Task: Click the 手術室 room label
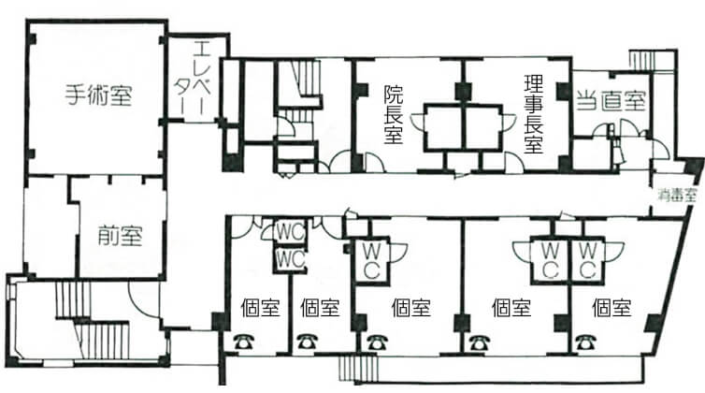(98, 95)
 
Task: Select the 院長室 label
(394, 114)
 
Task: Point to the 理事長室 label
(534, 114)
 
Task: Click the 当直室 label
(611, 101)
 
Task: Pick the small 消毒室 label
(678, 196)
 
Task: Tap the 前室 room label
(120, 235)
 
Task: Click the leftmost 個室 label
(260, 308)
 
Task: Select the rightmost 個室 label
(611, 308)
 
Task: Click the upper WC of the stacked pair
(291, 233)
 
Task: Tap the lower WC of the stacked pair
(291, 260)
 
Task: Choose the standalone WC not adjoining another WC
(371, 260)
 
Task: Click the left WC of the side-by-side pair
(551, 260)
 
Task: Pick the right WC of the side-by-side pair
(587, 260)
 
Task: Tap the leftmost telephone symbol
(244, 342)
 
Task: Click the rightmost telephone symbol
(583, 342)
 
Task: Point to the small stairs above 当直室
(641, 60)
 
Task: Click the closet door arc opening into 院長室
(417, 122)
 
